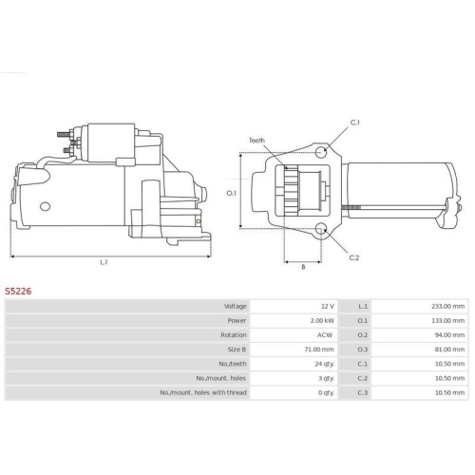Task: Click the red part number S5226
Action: (18, 292)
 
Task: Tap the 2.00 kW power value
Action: (322, 320)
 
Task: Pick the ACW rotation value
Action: (325, 335)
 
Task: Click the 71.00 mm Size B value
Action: (319, 350)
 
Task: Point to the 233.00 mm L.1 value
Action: (448, 306)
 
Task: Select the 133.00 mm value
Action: (448, 320)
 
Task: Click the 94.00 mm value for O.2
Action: (449, 335)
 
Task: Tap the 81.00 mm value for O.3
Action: (449, 350)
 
